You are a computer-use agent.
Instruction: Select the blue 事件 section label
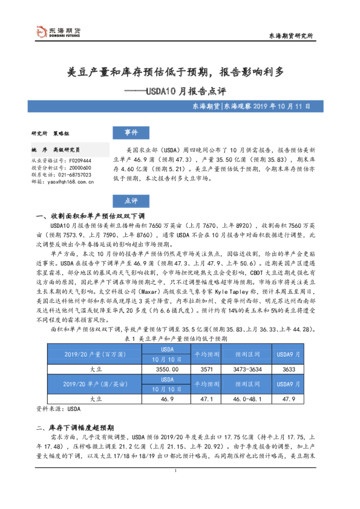coord(131,132)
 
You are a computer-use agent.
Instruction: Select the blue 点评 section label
coord(131,201)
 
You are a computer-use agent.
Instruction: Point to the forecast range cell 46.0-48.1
coord(247,399)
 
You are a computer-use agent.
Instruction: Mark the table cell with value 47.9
coord(289,399)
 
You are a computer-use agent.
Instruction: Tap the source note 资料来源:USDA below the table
coord(54,409)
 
